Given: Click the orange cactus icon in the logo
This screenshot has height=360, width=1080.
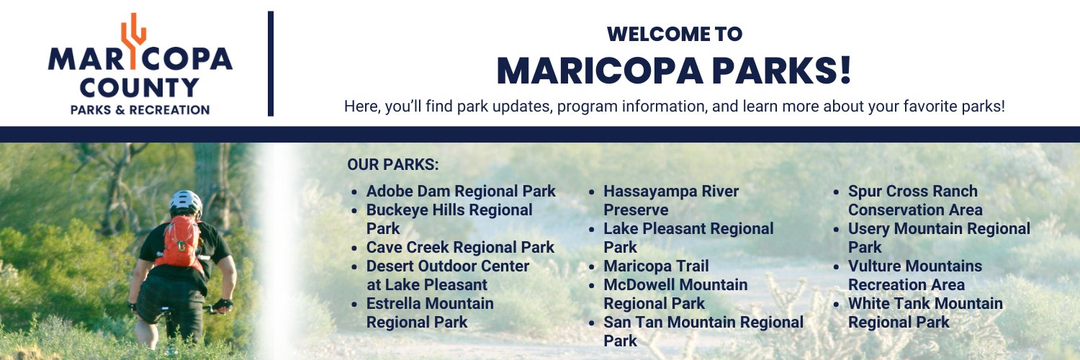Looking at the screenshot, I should click(132, 36).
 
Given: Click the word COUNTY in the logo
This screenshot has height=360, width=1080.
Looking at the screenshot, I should click(139, 88).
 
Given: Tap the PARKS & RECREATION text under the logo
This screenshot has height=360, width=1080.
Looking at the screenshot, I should click(140, 109).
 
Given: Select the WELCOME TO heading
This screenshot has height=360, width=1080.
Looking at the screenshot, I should click(674, 34).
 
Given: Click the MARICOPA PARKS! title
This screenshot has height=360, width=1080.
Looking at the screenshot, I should click(674, 71).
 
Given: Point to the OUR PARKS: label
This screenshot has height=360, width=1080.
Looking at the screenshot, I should click(392, 165).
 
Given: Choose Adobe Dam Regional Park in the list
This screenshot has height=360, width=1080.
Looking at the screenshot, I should click(461, 192).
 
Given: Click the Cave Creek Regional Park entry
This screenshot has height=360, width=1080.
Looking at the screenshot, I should click(460, 248).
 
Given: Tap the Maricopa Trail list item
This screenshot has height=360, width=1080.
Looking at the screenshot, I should click(656, 266).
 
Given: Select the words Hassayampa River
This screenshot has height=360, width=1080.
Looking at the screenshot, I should click(671, 192).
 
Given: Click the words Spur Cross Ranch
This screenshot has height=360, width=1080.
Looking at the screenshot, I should click(912, 192).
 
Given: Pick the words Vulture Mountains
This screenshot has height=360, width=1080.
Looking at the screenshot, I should click(914, 266).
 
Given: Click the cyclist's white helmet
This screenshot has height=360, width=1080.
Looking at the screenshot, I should click(186, 202).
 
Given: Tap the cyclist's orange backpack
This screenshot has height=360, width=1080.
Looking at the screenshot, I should click(179, 241).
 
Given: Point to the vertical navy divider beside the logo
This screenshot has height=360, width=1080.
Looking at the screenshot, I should click(271, 63).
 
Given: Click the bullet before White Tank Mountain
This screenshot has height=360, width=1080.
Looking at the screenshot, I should click(837, 305).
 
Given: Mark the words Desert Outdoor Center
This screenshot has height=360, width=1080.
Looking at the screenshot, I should click(448, 266).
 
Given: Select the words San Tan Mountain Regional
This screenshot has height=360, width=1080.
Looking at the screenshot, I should click(703, 323).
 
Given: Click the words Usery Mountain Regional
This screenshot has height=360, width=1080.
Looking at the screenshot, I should click(939, 229).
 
